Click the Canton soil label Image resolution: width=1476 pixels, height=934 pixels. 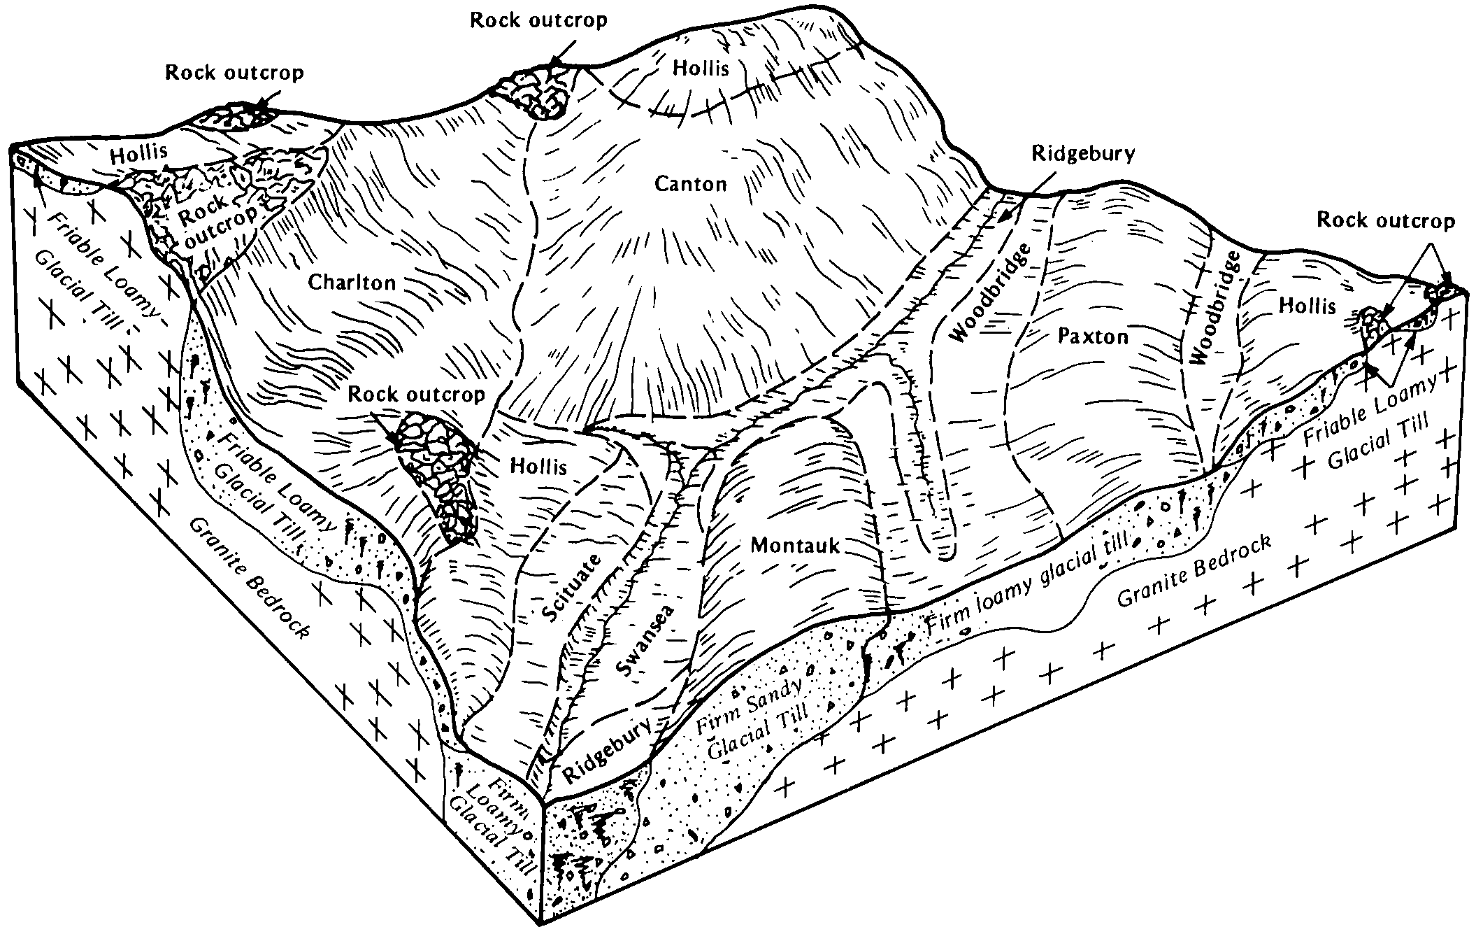pos(690,184)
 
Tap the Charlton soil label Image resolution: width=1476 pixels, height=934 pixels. pos(352,282)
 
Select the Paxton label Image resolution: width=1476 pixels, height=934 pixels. pos(1093,337)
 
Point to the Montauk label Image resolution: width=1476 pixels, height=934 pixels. pos(795,545)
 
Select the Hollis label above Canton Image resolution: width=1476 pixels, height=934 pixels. pos(701,68)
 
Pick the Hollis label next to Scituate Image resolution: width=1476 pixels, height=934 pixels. pos(538,466)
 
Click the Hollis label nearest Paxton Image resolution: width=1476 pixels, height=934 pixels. pos(1307,305)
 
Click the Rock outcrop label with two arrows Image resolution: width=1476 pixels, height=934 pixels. pos(1386,221)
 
